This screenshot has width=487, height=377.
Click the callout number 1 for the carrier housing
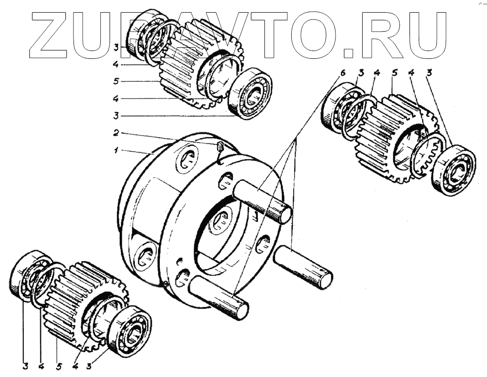click(116, 151)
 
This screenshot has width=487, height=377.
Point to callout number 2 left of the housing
click(116, 132)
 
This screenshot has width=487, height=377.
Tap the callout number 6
click(342, 73)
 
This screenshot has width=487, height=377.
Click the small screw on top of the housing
click(220, 146)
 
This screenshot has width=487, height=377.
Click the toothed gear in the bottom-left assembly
click(73, 304)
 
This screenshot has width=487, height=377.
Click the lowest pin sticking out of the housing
click(219, 297)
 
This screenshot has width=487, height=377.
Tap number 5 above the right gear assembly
click(393, 73)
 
